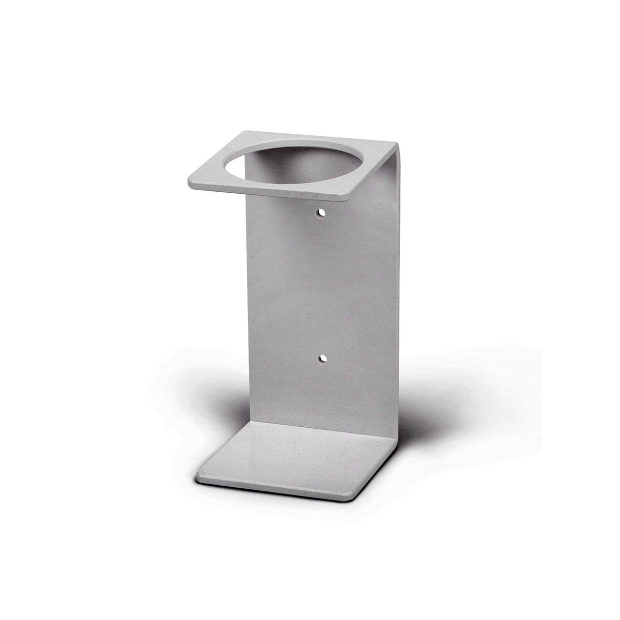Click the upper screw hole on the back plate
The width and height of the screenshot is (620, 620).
click(x=322, y=212)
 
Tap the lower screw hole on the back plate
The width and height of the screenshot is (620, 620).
click(x=322, y=358)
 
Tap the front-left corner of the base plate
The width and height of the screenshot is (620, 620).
click(x=199, y=473)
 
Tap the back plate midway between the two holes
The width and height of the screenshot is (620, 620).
click(x=322, y=285)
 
